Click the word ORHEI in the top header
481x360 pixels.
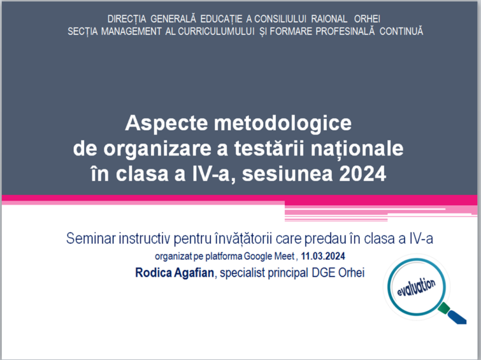pyautogui.click(x=367, y=19)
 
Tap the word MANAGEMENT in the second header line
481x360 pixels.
pyautogui.click(x=131, y=31)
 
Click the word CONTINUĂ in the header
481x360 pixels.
pyautogui.click(x=401, y=31)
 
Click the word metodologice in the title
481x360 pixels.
pyautogui.click(x=282, y=123)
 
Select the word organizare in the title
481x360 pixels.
pyautogui.click(x=157, y=149)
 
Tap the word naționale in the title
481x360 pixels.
pyautogui.click(x=357, y=149)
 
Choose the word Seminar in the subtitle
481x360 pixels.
pyautogui.click(x=91, y=238)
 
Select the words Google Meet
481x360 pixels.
pyautogui.click(x=269, y=256)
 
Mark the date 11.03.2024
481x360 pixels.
pyautogui.click(x=323, y=256)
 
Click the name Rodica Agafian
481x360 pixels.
pyautogui.click(x=175, y=273)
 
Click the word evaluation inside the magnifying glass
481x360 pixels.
pyautogui.click(x=416, y=287)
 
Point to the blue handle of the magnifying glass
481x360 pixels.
pyautogui.click(x=458, y=317)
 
